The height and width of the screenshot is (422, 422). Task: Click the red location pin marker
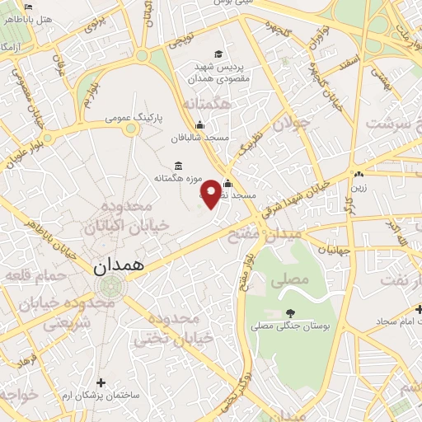[212, 193]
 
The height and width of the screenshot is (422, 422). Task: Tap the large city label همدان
[119, 265]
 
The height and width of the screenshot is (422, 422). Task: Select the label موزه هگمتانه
[176, 178]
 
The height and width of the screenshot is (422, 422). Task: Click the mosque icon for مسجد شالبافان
[199, 125]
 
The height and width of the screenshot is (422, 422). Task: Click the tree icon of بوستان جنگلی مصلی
[290, 312]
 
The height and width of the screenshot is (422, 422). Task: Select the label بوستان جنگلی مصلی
[289, 326]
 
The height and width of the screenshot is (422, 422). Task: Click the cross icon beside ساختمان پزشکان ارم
[101, 382]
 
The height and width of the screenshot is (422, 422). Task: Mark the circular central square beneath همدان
[110, 286]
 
